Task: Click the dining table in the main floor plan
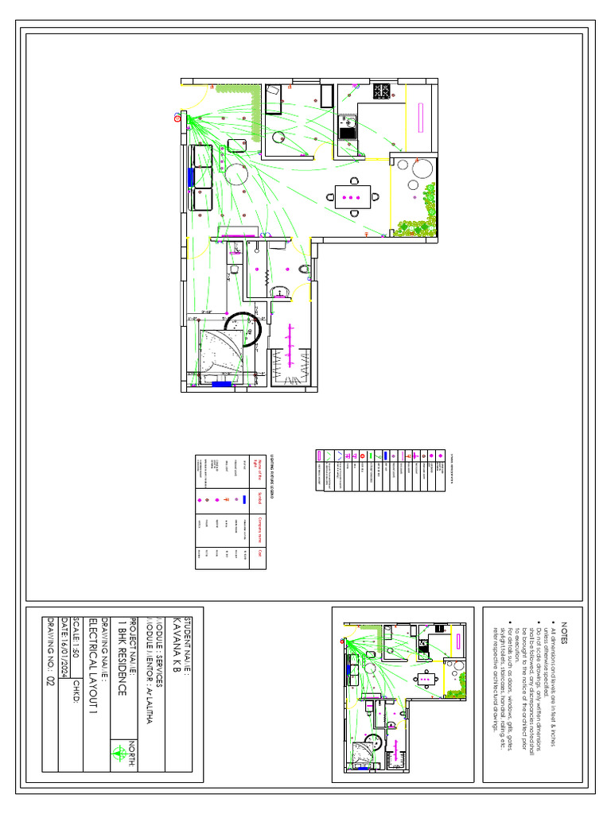tap(352, 196)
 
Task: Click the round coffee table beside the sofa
tap(235, 174)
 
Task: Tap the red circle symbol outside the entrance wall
tap(177, 118)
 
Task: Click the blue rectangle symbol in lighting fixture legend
tap(244, 498)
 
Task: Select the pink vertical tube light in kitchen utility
tap(419, 111)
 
